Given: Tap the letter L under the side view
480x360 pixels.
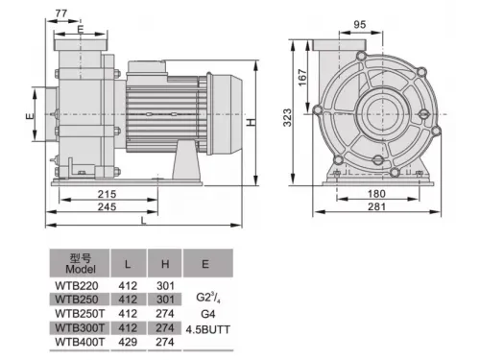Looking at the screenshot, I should click(x=143, y=222).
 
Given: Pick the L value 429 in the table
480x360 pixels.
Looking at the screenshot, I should click(x=127, y=341).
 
